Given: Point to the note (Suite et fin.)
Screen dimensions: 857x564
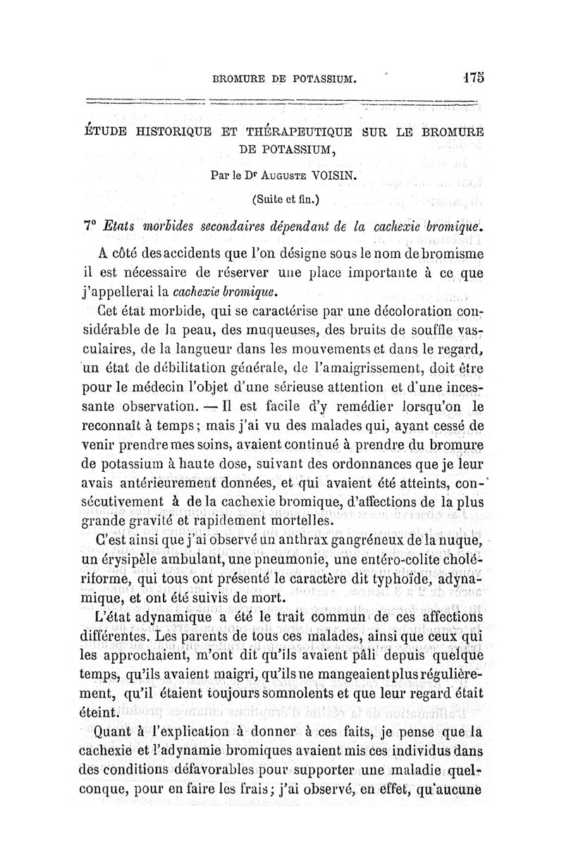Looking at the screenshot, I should pyautogui.click(x=285, y=200).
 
